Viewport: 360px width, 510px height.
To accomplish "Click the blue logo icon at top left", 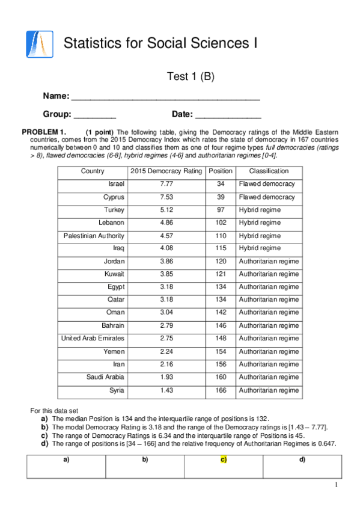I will tap(40, 43).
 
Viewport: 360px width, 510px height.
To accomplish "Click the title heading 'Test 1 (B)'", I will tap(190, 76).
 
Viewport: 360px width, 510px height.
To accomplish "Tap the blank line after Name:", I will tap(165, 97).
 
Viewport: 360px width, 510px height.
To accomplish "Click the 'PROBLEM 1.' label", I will tap(44, 132).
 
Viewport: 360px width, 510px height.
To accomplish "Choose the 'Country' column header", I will tap(93, 171).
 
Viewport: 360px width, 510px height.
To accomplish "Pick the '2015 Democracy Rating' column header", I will tap(166, 171).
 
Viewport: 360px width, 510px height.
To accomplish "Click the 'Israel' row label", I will tap(116, 184).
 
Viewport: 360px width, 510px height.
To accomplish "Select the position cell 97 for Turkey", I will tap(221, 210).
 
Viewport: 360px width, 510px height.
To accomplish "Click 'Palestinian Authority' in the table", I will tap(94, 236).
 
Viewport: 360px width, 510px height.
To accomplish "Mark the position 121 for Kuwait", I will tap(221, 274).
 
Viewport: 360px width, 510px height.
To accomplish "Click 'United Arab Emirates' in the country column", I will tap(93, 339).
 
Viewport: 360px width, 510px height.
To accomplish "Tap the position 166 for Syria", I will tap(221, 390).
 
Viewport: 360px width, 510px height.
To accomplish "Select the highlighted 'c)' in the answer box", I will tap(224, 460).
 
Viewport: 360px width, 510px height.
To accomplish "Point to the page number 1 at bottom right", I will tap(337, 485).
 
